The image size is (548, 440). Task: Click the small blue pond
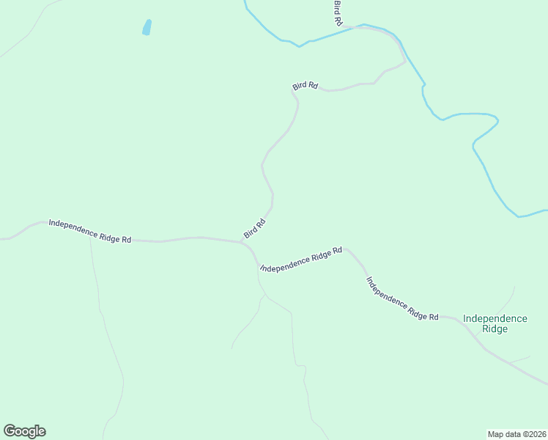tap(147, 27)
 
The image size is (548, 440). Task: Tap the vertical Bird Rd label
tap(338, 13)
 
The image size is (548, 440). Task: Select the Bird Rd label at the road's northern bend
tap(305, 86)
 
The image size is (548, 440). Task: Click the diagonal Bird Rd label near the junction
tap(254, 228)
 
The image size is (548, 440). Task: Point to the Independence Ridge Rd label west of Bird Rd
tap(90, 230)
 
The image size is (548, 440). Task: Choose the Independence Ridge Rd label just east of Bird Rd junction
tap(301, 260)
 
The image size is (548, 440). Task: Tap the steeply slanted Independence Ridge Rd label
tap(401, 298)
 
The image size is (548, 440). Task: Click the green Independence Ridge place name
tap(495, 323)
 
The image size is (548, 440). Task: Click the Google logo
tap(24, 431)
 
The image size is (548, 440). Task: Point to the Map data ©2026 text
tap(516, 433)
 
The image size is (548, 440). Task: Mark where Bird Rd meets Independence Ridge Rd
tap(242, 241)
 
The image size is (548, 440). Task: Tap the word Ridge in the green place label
tap(495, 329)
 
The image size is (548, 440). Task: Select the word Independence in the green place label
tap(495, 318)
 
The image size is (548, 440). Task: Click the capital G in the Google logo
tap(10, 431)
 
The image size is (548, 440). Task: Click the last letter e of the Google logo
tap(42, 432)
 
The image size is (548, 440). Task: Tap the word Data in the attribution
tap(510, 433)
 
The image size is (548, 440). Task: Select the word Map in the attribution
tap(495, 433)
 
